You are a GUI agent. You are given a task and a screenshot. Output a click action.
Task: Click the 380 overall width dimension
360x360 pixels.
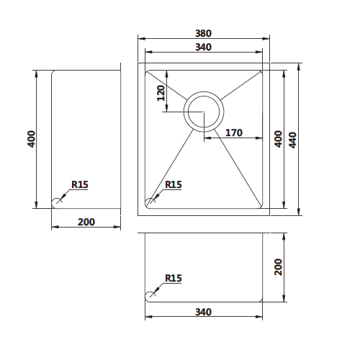pos(203,33)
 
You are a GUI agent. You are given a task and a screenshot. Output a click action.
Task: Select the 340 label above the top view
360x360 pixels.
pos(203,47)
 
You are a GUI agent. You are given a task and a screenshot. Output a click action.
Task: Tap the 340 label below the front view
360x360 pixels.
pos(203,312)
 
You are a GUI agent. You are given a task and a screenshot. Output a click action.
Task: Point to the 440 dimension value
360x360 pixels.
pos(292,140)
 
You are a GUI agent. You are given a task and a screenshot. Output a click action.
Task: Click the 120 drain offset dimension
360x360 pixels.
pos(161,93)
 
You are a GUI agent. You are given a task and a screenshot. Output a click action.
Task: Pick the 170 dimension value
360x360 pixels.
pos(234,132)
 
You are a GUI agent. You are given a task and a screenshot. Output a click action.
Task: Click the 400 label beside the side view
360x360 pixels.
pos(31,139)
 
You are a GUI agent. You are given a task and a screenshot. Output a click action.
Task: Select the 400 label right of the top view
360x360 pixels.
pos(279,139)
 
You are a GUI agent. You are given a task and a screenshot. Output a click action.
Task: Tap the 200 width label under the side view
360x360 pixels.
pos(86,222)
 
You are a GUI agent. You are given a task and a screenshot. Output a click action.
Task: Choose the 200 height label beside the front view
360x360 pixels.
pos(279,267)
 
